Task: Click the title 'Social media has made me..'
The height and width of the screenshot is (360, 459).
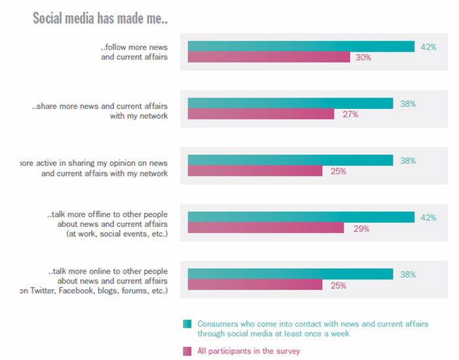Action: click(x=100, y=18)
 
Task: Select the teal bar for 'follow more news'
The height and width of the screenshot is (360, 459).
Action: click(x=301, y=46)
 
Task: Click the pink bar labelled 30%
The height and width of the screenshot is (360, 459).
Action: click(x=269, y=57)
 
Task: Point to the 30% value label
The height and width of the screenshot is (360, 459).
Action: click(x=363, y=58)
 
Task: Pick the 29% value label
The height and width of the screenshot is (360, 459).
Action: click(x=361, y=229)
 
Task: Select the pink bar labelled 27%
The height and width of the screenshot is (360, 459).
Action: click(x=261, y=114)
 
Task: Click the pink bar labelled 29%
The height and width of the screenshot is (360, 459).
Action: click(x=266, y=228)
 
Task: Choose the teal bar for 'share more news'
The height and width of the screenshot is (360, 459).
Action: click(x=290, y=103)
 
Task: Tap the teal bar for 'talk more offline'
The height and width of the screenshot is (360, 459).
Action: click(x=301, y=217)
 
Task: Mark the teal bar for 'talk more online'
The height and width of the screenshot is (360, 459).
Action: click(x=290, y=274)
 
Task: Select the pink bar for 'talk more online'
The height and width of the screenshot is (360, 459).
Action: click(x=255, y=285)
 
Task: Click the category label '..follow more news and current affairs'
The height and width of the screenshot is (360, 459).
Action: click(x=134, y=52)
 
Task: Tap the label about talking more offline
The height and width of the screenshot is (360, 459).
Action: click(x=108, y=224)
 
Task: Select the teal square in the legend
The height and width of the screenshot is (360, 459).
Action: click(x=188, y=324)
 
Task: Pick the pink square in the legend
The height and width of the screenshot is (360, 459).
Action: click(x=188, y=351)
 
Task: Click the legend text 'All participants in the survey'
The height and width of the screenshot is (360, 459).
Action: click(x=249, y=351)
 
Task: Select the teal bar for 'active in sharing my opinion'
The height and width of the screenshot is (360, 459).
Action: click(x=290, y=160)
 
